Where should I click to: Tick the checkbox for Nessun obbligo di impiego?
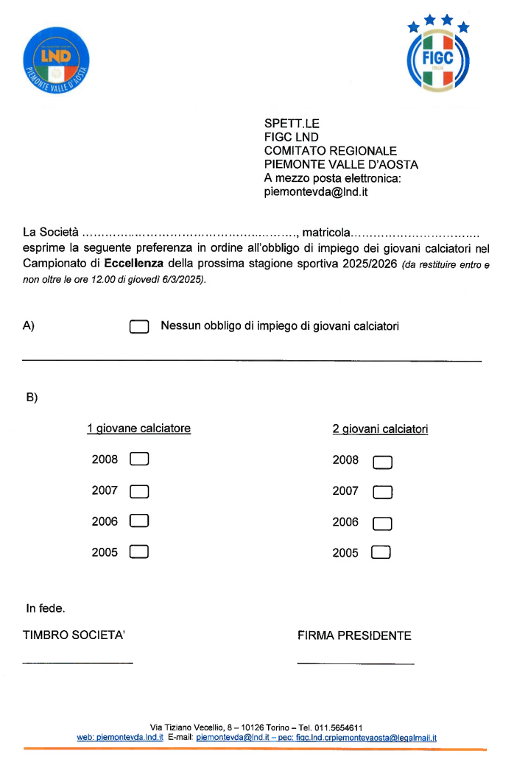point(139,326)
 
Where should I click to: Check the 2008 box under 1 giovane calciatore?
point(139,459)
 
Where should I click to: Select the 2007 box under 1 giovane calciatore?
point(139,490)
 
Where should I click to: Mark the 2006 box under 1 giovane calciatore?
point(139,521)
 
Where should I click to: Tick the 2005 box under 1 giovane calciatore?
point(139,551)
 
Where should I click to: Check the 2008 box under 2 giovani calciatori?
point(382,462)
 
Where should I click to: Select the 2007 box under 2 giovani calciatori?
point(382,493)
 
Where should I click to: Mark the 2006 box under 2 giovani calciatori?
point(382,523)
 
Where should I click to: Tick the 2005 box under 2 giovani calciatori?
point(381,552)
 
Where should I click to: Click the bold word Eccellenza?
point(133,263)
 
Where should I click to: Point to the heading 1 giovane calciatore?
point(138,429)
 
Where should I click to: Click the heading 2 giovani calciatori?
point(380,429)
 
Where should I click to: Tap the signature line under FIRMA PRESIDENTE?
point(356,663)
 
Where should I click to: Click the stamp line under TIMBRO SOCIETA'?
point(78,663)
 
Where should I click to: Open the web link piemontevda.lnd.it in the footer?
point(120,737)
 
